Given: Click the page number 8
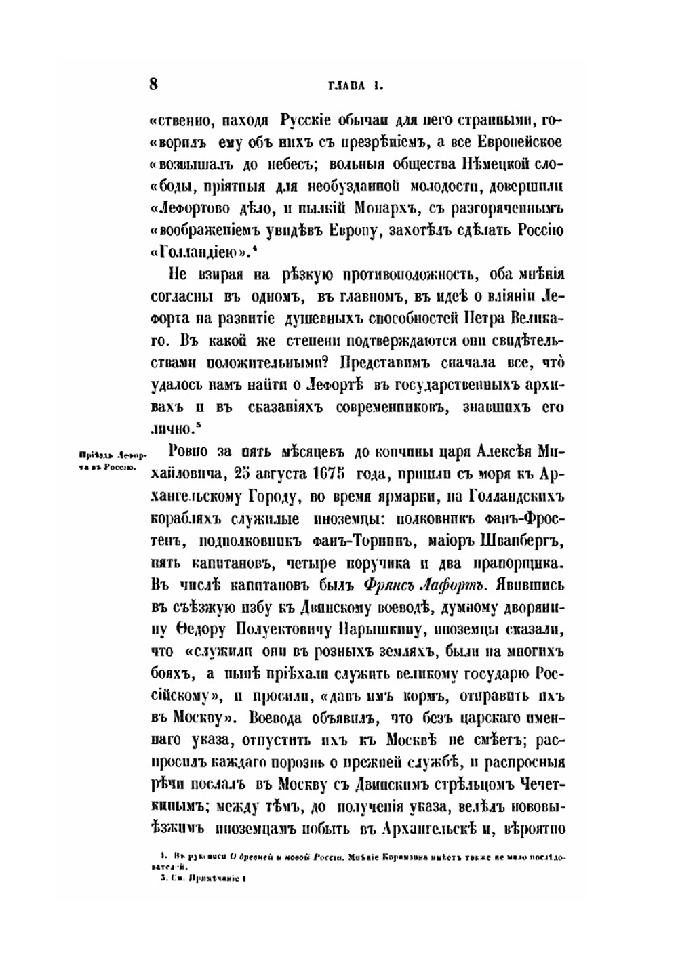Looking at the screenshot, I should [153, 85].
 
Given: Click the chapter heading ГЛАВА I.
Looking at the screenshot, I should [356, 86].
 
